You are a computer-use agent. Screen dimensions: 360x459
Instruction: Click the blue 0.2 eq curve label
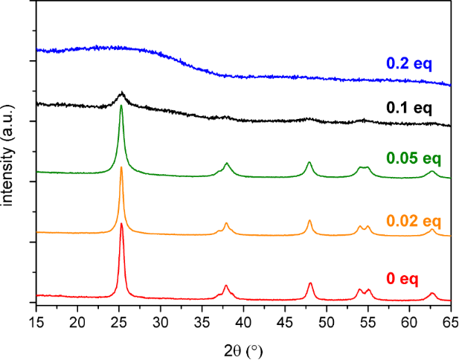[x=409, y=64]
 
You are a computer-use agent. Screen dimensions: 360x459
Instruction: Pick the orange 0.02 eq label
[x=414, y=221]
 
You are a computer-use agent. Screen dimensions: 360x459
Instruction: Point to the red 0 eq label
[x=402, y=279]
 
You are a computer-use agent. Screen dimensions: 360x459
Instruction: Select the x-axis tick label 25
[x=119, y=321]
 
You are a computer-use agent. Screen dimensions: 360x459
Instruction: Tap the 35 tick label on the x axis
[x=202, y=321]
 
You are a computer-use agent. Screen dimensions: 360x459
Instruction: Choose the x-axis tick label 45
[x=285, y=321]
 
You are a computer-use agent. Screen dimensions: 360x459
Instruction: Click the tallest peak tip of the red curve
[x=121, y=223]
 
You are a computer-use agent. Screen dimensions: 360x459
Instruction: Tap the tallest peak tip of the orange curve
[x=121, y=167]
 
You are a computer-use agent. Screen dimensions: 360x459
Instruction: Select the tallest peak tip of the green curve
[x=121, y=106]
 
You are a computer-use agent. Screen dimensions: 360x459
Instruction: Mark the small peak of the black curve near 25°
[x=122, y=93]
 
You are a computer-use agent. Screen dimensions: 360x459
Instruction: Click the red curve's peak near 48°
[x=310, y=283]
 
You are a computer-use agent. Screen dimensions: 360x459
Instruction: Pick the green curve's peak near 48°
[x=309, y=162]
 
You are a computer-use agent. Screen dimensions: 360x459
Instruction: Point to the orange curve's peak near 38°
[x=226, y=223]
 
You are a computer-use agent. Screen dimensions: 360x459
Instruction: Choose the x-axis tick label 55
[x=367, y=321]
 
